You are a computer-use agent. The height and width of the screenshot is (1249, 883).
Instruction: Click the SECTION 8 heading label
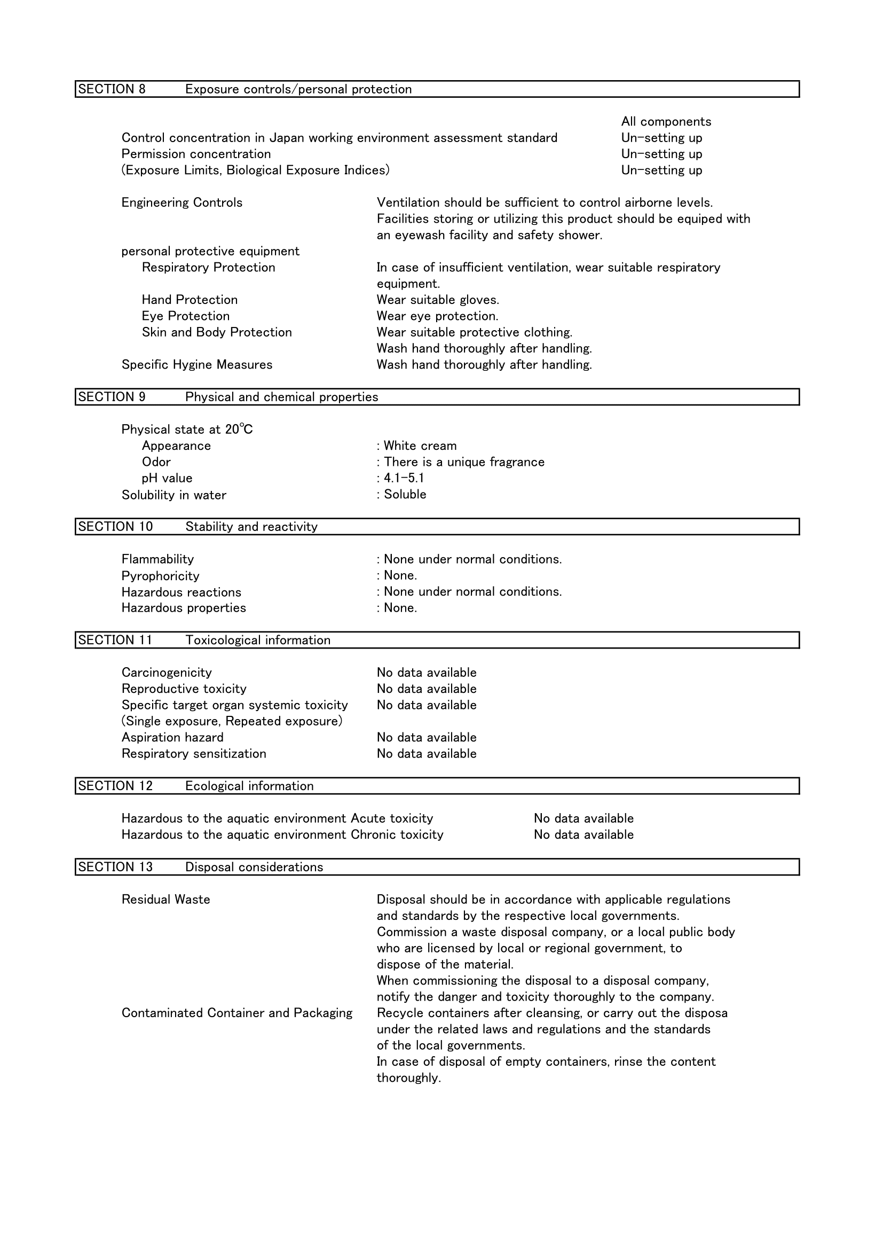click(x=112, y=89)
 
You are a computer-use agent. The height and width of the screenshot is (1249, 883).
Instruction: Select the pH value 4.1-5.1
click(x=404, y=478)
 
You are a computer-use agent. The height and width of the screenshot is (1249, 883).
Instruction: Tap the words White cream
click(x=420, y=446)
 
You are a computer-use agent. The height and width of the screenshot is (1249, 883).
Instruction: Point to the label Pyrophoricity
click(x=160, y=575)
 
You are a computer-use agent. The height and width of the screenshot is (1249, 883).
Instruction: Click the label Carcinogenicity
click(x=167, y=673)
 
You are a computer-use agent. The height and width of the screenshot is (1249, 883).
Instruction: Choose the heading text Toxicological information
click(x=258, y=641)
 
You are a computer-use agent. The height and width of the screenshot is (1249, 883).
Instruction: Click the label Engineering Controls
click(x=182, y=203)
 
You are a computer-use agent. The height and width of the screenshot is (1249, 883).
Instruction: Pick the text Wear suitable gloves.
click(x=438, y=300)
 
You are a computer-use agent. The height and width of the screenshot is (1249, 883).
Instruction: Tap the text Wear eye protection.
click(x=437, y=316)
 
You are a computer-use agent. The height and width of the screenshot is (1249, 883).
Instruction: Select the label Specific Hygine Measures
click(x=197, y=364)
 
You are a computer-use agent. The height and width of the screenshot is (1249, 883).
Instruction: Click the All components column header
click(x=666, y=122)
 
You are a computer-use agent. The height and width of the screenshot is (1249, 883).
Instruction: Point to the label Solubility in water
click(x=174, y=495)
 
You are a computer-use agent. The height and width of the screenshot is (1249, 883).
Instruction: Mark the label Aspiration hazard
click(x=172, y=738)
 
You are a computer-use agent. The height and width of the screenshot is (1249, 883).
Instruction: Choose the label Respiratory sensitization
click(x=194, y=754)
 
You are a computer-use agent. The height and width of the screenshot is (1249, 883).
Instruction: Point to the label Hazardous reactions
click(x=181, y=592)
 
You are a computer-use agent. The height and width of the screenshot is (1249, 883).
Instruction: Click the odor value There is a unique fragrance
click(x=464, y=463)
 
